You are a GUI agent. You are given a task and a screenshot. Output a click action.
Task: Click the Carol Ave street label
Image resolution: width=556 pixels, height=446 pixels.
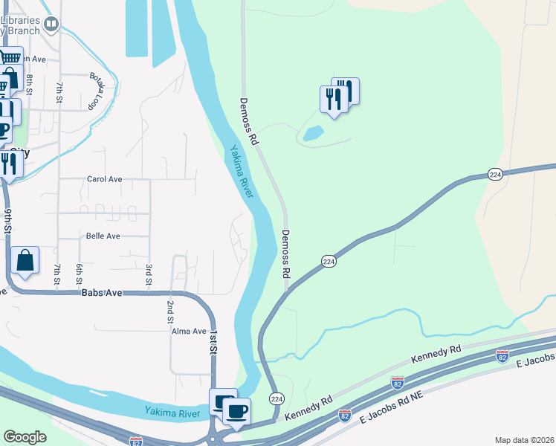pyautogui.click(x=104, y=179)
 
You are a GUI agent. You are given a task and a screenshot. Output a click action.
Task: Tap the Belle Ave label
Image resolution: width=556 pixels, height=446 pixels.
pyautogui.click(x=103, y=236)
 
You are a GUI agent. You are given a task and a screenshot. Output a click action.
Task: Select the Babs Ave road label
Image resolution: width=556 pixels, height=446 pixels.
pyautogui.click(x=102, y=293)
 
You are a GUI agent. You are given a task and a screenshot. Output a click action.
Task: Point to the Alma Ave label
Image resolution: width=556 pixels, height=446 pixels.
pyautogui.click(x=189, y=331)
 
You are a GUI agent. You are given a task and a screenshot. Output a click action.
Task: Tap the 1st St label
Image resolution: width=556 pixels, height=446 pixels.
pyautogui.click(x=213, y=342)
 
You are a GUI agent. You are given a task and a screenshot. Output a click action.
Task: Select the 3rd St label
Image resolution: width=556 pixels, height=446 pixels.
pyautogui.click(x=149, y=274)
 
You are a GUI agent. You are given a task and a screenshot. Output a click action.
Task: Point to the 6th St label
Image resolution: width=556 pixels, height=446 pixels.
pyautogui.click(x=78, y=274)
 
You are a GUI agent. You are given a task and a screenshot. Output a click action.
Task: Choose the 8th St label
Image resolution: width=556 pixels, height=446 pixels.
pyautogui.click(x=30, y=84)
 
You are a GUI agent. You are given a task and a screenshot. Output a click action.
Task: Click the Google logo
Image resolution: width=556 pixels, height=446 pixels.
pyautogui.click(x=25, y=437)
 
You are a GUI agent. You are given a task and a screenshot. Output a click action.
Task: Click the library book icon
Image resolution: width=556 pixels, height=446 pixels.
pyautogui.click(x=51, y=25)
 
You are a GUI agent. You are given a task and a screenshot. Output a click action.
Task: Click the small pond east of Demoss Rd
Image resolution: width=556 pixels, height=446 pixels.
pyautogui.click(x=313, y=134)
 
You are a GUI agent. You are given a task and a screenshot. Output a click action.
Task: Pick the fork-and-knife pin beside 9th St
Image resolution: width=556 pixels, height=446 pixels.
pyautogui.click(x=9, y=163)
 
